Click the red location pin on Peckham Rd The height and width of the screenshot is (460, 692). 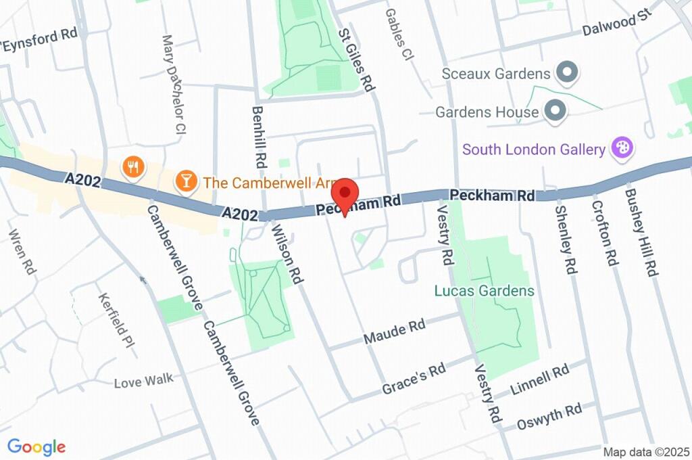click(345, 194)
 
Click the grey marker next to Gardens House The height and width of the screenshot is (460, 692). click(555, 110)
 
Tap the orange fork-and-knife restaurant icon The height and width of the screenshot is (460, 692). click(132, 166)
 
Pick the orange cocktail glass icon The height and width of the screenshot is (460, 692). click(183, 181)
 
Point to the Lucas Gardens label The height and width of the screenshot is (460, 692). click(484, 291)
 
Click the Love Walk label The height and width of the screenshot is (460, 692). click(143, 381)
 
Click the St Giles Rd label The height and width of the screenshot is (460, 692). click(357, 60)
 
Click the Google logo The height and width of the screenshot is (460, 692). click(36, 446)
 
